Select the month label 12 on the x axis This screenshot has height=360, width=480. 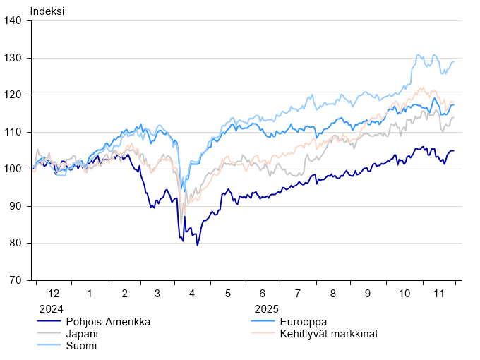[x=54, y=293]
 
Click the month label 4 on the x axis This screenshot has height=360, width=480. [x=193, y=293]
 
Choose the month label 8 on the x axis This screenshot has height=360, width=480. [x=332, y=293]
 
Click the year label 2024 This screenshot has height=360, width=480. [x=51, y=309]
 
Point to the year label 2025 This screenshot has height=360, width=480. [x=267, y=309]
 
